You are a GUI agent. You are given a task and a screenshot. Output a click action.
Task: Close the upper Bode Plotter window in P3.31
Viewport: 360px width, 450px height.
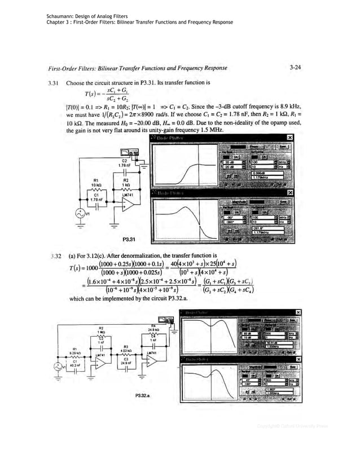coord(290,137)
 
